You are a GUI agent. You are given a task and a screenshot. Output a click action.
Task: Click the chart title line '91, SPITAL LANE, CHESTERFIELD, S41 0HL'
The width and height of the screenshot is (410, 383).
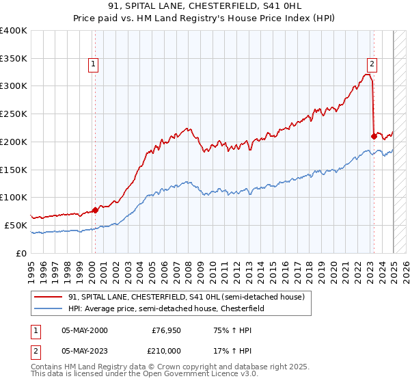(x=204, y=7)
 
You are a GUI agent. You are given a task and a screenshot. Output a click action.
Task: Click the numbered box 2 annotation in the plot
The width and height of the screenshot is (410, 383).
(x=372, y=64)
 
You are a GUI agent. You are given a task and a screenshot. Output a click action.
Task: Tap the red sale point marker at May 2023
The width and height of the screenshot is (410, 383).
(x=374, y=135)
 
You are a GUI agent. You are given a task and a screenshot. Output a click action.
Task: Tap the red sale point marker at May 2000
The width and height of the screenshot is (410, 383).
(x=95, y=210)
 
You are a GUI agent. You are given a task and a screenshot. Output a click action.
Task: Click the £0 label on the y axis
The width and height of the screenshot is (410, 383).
(x=22, y=253)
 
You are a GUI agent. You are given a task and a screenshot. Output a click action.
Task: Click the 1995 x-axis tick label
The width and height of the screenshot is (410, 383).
(x=31, y=267)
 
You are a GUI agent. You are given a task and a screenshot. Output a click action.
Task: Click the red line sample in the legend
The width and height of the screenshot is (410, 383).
(x=48, y=296)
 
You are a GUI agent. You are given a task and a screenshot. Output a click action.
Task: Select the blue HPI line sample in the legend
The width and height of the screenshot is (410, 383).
(x=48, y=308)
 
